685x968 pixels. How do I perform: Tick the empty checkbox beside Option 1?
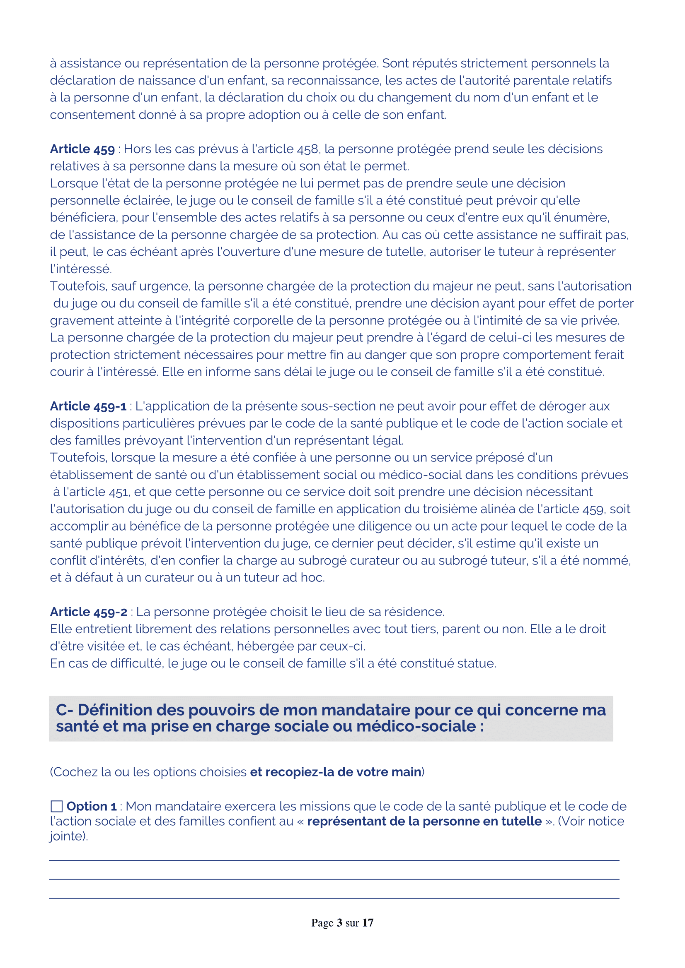point(56,806)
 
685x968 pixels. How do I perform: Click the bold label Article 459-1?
point(88,406)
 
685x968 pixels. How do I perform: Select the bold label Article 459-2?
point(88,612)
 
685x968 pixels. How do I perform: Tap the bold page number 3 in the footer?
point(339,923)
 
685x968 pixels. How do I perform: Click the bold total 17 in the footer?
point(368,923)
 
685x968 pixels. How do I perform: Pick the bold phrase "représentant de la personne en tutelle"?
point(424,821)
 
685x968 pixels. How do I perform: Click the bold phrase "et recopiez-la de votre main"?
point(336,772)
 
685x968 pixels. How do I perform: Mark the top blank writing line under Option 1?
point(334,860)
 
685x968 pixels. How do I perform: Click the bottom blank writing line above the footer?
point(334,898)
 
